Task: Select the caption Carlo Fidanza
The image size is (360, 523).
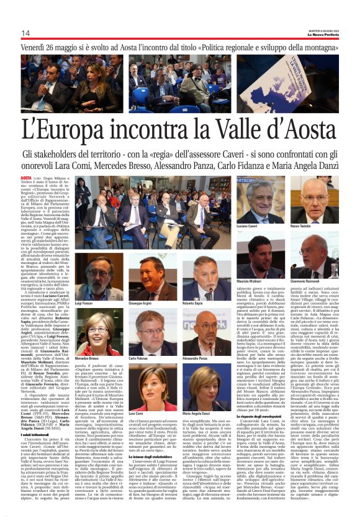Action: pyautogui.click(x=138, y=358)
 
